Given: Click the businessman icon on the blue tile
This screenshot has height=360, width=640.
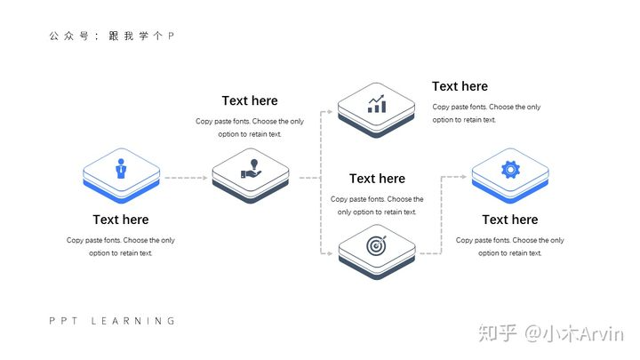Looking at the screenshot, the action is pyautogui.click(x=121, y=167).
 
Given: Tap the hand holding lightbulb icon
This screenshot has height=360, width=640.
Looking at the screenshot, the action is pyautogui.click(x=252, y=167).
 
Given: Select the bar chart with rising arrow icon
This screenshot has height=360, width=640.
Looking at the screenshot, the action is pyautogui.click(x=377, y=104).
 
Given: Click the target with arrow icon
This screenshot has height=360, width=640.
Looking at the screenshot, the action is pyautogui.click(x=378, y=243).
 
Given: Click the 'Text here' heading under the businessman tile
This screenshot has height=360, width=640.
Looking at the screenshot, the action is pyautogui.click(x=121, y=220).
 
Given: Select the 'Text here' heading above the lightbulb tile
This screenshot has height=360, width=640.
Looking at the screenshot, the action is pyautogui.click(x=250, y=100).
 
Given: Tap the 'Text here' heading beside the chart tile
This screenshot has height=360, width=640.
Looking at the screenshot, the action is pyautogui.click(x=460, y=86).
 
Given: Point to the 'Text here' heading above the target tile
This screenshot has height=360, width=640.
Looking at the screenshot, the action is pyautogui.click(x=377, y=179).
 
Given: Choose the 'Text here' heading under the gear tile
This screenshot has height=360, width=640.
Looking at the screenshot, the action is pyautogui.click(x=510, y=220).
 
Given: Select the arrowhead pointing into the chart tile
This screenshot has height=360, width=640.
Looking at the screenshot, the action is pyautogui.click(x=330, y=112).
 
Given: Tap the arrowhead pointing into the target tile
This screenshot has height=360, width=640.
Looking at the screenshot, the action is pyautogui.click(x=330, y=254).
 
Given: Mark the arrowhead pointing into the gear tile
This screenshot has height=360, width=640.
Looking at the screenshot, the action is pyautogui.click(x=464, y=177).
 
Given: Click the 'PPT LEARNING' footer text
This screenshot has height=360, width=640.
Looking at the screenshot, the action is pyautogui.click(x=112, y=321).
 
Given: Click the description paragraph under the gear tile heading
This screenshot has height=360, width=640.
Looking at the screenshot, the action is pyautogui.click(x=510, y=246).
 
